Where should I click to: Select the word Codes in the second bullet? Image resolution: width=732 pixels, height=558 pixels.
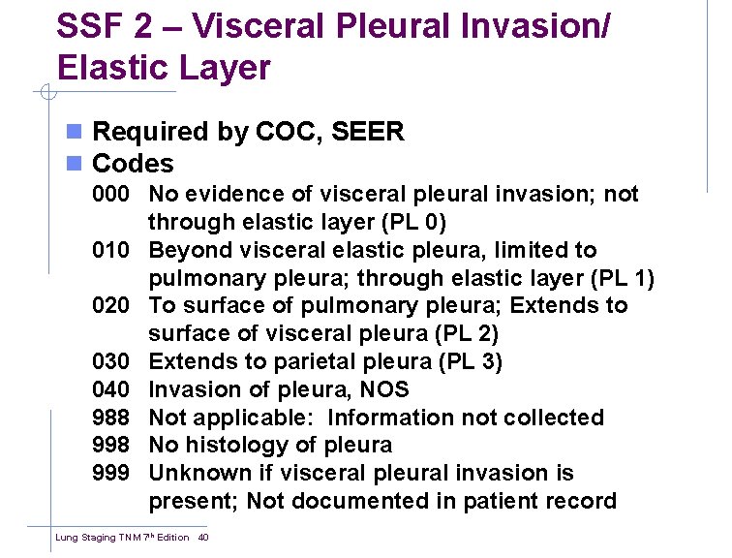(133, 164)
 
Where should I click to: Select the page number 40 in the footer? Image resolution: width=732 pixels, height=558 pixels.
(203, 537)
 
